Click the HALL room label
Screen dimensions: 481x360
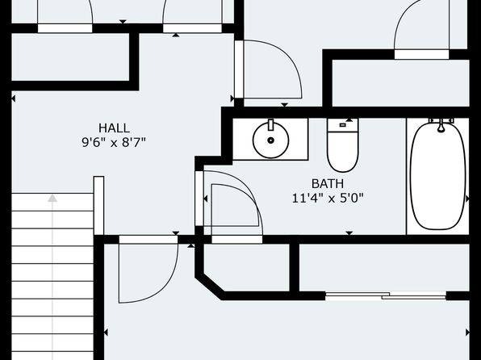[114, 128]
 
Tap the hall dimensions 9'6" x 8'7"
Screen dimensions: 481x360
[114, 142]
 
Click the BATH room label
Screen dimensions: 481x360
[328, 184]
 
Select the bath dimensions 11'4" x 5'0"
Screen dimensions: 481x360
[328, 199]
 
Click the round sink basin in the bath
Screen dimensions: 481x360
[270, 140]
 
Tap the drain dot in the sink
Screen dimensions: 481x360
[270, 140]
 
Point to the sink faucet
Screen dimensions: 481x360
[270, 124]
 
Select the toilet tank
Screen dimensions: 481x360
[343, 125]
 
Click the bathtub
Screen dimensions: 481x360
[437, 175]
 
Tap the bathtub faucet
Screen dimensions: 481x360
[441, 125]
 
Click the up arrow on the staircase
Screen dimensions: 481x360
[52, 198]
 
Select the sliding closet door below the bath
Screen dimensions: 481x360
[386, 296]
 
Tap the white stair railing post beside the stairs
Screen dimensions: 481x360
[98, 206]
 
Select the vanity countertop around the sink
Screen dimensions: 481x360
[270, 140]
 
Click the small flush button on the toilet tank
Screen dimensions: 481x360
[343, 125]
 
